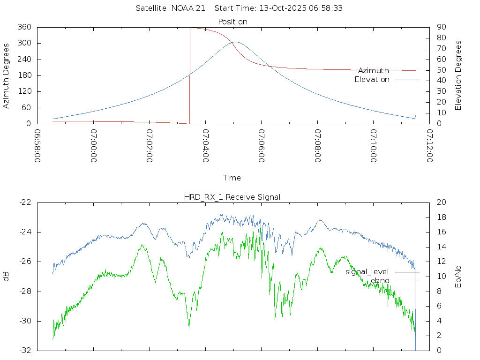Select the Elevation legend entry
[372, 80]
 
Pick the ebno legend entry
[380, 281]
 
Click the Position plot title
[232, 22]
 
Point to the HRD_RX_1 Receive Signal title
[232, 197]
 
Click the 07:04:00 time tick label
[205, 146]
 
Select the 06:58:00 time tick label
[37, 146]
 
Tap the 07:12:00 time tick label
[429, 146]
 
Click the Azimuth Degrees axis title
[7, 75]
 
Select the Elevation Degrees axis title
[459, 75]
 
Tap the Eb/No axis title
[459, 277]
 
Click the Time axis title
[232, 178]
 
